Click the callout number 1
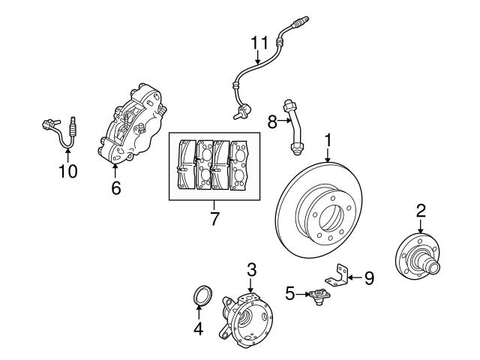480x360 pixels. [328, 139]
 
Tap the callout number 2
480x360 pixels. [421, 209]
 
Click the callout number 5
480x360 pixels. [290, 293]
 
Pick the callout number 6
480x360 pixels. [115, 188]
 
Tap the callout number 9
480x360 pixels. [368, 278]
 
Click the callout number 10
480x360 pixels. [67, 172]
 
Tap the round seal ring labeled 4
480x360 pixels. [200, 295]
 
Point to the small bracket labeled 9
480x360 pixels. [342, 276]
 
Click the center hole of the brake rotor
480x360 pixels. [328, 219]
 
